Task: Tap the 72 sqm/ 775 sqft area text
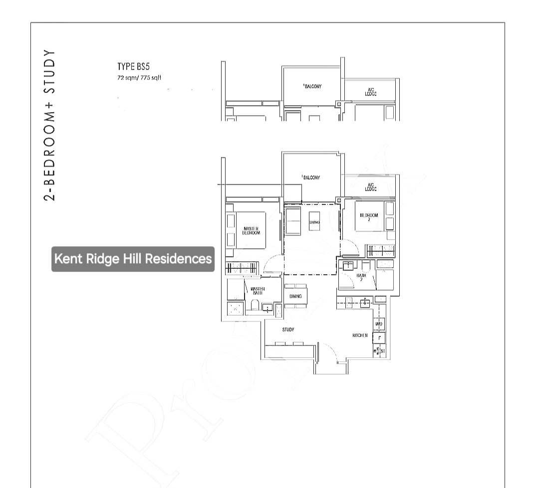click(x=139, y=77)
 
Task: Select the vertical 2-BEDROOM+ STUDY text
click(x=48, y=125)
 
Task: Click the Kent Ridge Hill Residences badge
click(x=133, y=259)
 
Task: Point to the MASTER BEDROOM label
click(x=251, y=230)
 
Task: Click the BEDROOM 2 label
click(x=369, y=217)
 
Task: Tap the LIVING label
click(x=314, y=222)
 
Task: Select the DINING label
click(x=295, y=296)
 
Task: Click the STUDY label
click(x=288, y=329)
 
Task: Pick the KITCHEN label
click(x=360, y=335)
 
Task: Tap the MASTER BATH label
click(x=258, y=291)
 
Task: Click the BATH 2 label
click(x=362, y=277)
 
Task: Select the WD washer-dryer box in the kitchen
click(x=379, y=325)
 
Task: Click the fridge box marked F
click(x=379, y=338)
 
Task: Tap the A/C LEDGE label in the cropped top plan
click(x=370, y=92)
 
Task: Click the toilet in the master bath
click(x=255, y=305)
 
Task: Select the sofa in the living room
click(x=292, y=220)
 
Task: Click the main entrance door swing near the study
click(x=328, y=354)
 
